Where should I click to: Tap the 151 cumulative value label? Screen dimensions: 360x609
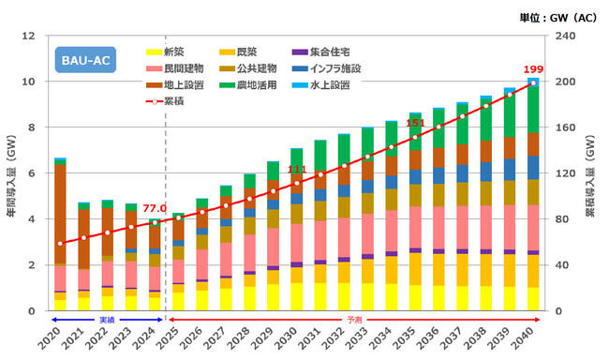[415, 124]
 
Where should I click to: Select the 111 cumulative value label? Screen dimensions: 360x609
[296, 170]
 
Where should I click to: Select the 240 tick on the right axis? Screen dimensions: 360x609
[568, 37]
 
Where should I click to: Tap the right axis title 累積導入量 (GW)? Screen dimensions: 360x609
[597, 173]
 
